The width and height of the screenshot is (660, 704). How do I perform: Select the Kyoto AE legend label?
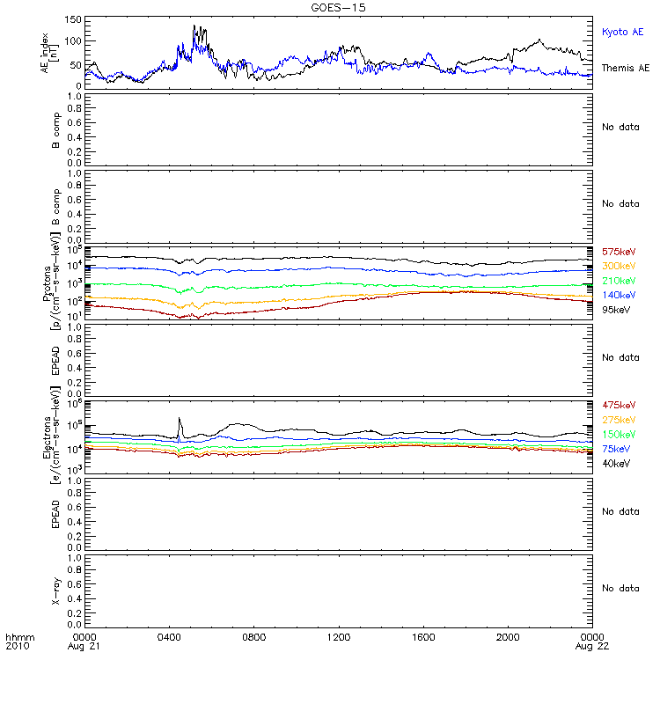pyautogui.click(x=623, y=32)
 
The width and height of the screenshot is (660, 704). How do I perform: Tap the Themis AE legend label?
pyautogui.click(x=626, y=68)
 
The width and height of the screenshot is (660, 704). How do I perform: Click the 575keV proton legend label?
pyautogui.click(x=619, y=253)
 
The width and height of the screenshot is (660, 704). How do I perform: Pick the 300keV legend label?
pyautogui.click(x=619, y=267)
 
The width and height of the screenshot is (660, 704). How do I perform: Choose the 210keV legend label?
pyautogui.click(x=619, y=281)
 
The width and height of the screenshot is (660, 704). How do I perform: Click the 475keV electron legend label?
pyautogui.click(x=619, y=406)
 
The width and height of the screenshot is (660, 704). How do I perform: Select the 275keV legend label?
pyautogui.click(x=619, y=420)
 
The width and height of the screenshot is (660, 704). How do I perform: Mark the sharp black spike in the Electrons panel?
pyautogui.click(x=180, y=420)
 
